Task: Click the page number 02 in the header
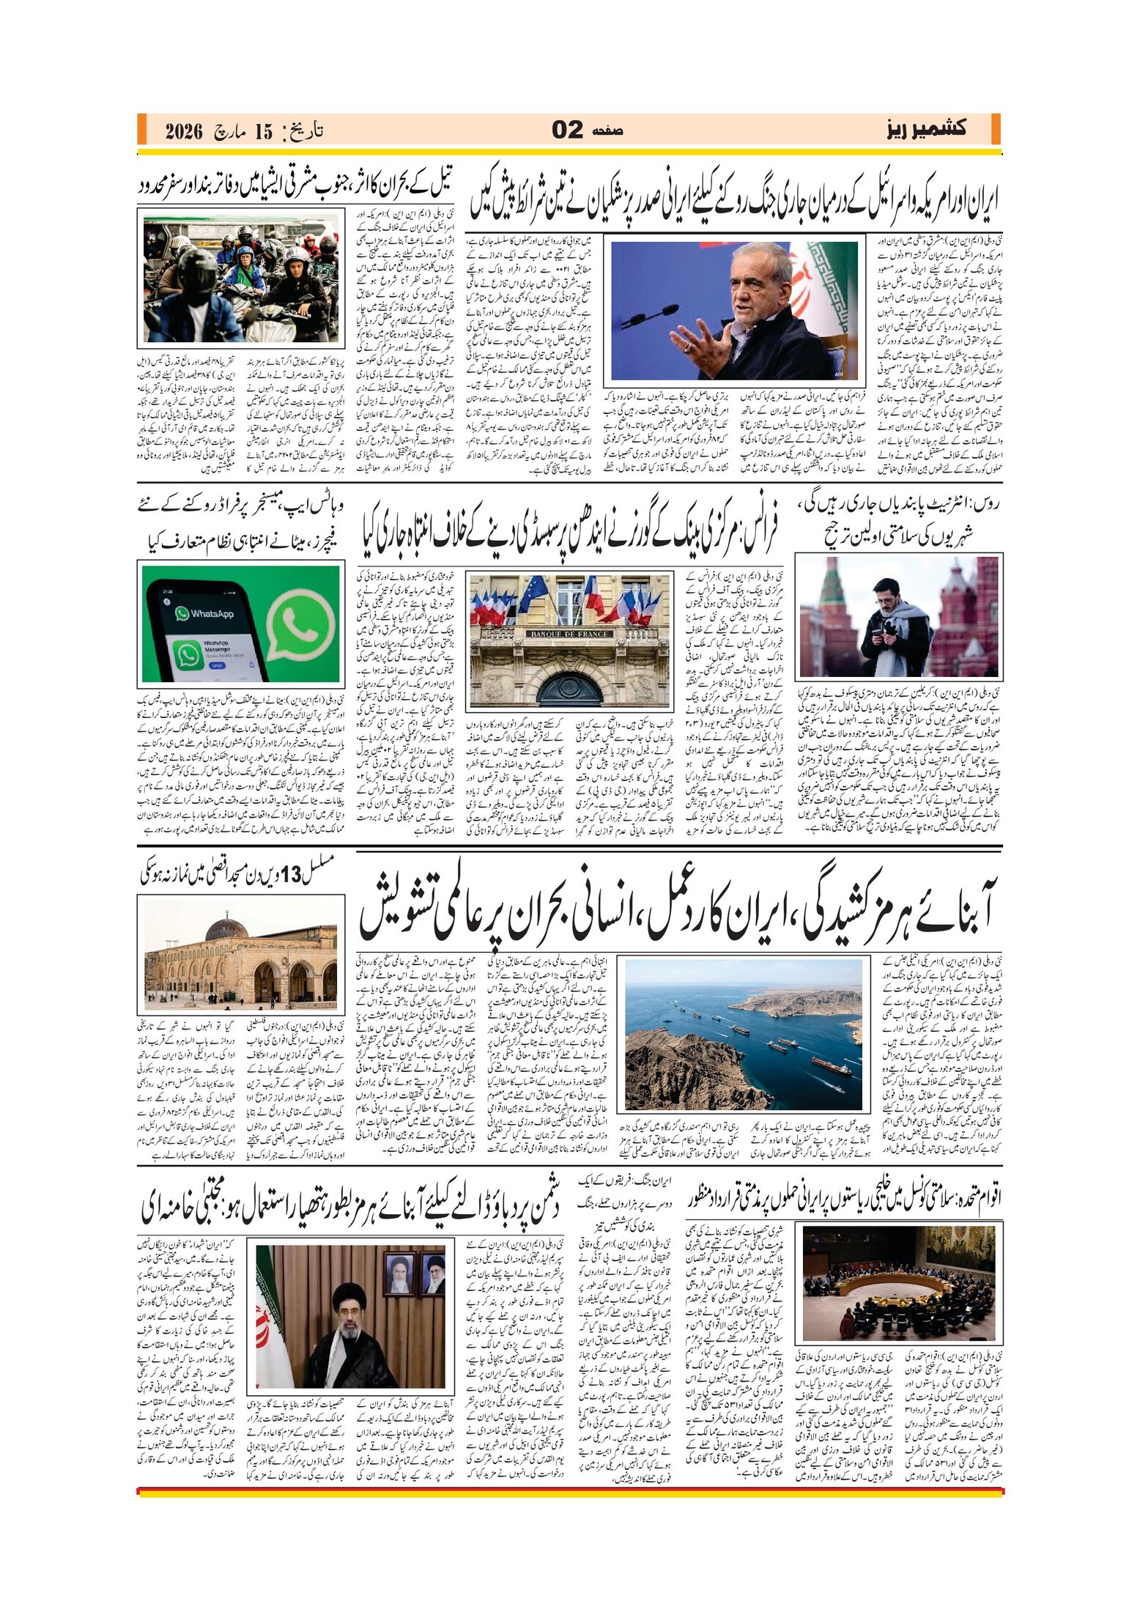click(567, 130)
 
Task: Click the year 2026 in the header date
click(184, 132)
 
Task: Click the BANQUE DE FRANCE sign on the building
click(569, 633)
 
